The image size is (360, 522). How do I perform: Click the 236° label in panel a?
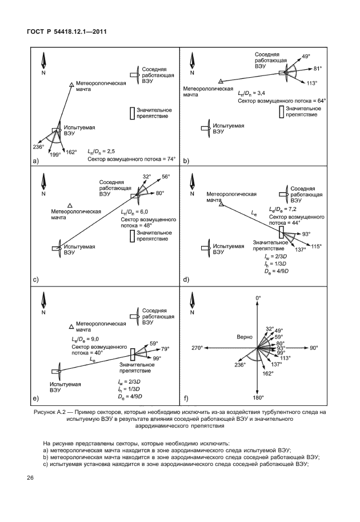[38, 147]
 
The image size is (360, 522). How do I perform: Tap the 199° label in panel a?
[55, 154]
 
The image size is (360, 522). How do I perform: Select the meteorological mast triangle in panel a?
[71, 84]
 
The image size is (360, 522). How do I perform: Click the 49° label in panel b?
[306, 56]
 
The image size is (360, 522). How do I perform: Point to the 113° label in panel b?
[312, 83]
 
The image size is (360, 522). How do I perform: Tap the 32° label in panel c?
[146, 176]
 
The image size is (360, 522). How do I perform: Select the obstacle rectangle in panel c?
[133, 235]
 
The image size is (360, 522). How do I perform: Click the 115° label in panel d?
[316, 246]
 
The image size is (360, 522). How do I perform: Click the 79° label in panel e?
[166, 349]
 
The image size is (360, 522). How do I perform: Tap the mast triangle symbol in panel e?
[71, 326]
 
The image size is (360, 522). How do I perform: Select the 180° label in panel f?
[258, 397]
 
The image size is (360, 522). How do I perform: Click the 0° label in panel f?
[258, 298]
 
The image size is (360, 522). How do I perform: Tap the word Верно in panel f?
[237, 337]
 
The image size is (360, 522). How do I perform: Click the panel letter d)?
[186, 280]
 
